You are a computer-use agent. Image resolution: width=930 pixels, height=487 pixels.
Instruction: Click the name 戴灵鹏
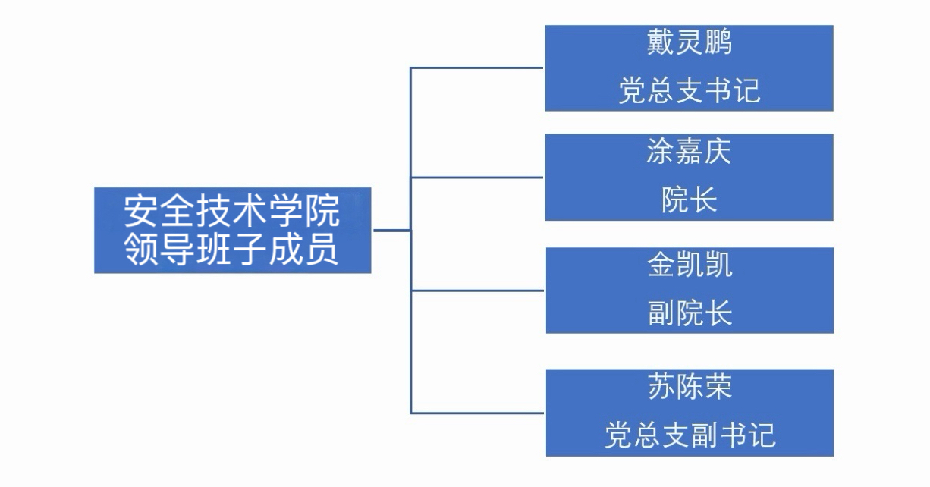(x=689, y=43)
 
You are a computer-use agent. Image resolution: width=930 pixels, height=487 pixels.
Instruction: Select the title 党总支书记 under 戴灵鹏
(x=689, y=92)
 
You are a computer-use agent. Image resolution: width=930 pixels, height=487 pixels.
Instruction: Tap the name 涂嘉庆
(x=689, y=152)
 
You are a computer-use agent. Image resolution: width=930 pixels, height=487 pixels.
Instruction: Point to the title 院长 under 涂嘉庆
(x=689, y=200)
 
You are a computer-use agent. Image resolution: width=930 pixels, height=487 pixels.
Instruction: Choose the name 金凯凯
(x=690, y=265)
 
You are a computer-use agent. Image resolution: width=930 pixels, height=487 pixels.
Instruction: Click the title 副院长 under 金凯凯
(x=690, y=313)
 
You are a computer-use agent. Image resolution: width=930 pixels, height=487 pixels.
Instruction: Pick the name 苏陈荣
(x=690, y=388)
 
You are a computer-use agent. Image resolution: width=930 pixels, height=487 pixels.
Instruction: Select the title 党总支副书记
(x=690, y=436)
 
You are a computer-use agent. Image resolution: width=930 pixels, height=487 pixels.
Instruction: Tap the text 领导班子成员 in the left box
(x=232, y=251)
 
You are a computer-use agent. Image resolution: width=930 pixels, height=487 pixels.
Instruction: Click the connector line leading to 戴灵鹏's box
(x=478, y=68)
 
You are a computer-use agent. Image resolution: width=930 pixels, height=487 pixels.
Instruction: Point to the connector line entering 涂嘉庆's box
(x=478, y=178)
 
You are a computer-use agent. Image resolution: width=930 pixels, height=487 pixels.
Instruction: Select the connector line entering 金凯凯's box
(x=478, y=290)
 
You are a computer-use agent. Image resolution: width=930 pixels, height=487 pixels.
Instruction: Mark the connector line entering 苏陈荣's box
(x=478, y=413)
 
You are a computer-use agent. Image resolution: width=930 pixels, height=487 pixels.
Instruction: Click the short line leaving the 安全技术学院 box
(x=391, y=230)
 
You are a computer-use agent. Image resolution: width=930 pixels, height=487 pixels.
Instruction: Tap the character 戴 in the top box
(x=661, y=43)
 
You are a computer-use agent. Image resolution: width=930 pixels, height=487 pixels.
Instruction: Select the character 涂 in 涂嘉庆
(x=661, y=152)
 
